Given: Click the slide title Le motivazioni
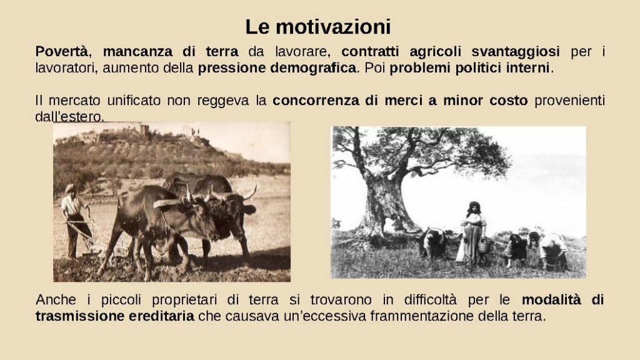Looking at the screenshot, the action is tap(318, 27).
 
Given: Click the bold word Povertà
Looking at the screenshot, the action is tap(61, 51).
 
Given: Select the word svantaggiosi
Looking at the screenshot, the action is tap(516, 52).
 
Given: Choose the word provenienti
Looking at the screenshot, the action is tap(569, 101).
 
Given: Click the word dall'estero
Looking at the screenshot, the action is tap(69, 117).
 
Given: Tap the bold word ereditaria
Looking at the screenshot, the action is tap(162, 316).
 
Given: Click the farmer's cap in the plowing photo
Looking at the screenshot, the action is tap(71, 187).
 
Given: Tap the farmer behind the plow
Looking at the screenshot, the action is tap(76, 221).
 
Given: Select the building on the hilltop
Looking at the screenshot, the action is tap(145, 129).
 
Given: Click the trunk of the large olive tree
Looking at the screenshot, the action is tap(383, 204).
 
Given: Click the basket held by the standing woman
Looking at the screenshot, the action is tap(484, 246).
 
